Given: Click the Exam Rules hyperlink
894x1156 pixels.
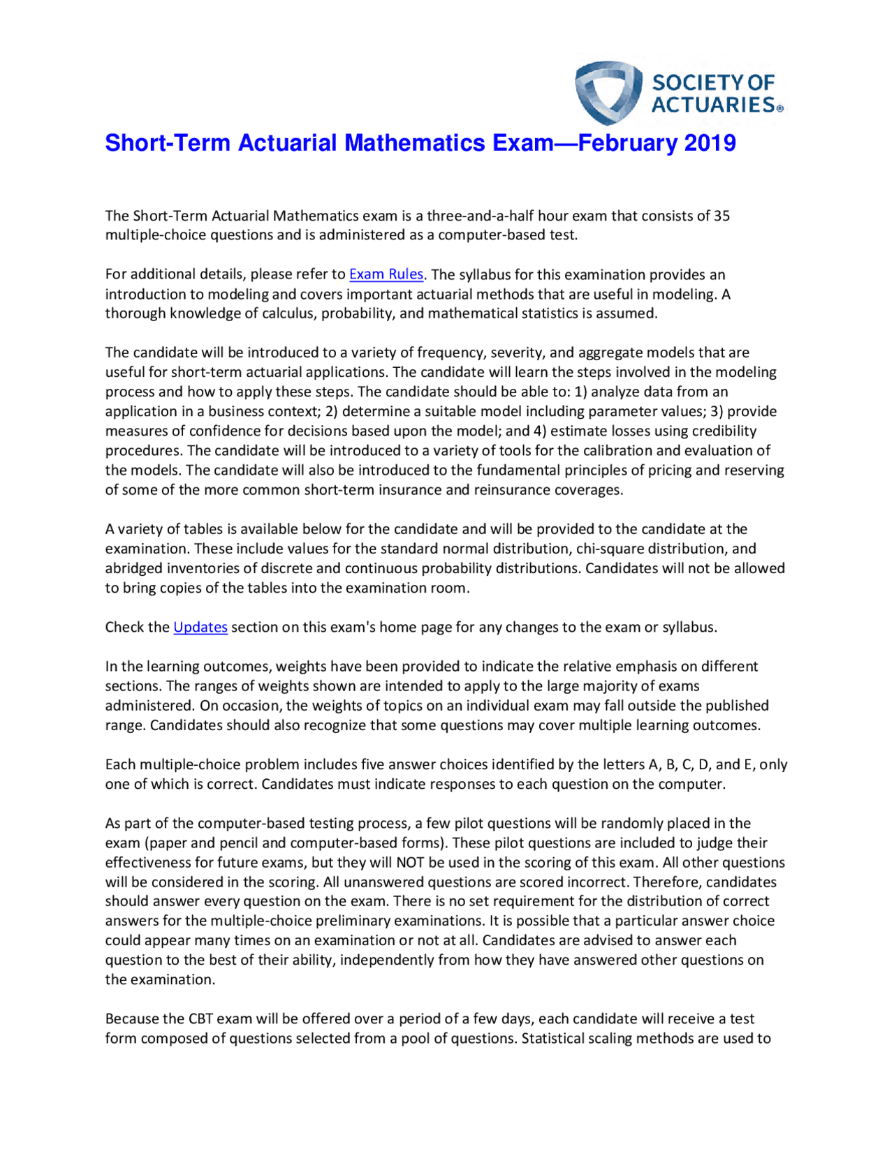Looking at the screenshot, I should (386, 274).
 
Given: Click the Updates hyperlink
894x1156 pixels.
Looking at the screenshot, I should (200, 627).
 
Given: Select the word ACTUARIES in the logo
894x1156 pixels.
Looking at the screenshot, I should (713, 105).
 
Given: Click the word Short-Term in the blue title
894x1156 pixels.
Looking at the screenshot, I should (168, 143).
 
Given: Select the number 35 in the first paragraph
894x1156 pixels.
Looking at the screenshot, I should (721, 216).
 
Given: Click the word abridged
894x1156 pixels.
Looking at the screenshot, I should (134, 568).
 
